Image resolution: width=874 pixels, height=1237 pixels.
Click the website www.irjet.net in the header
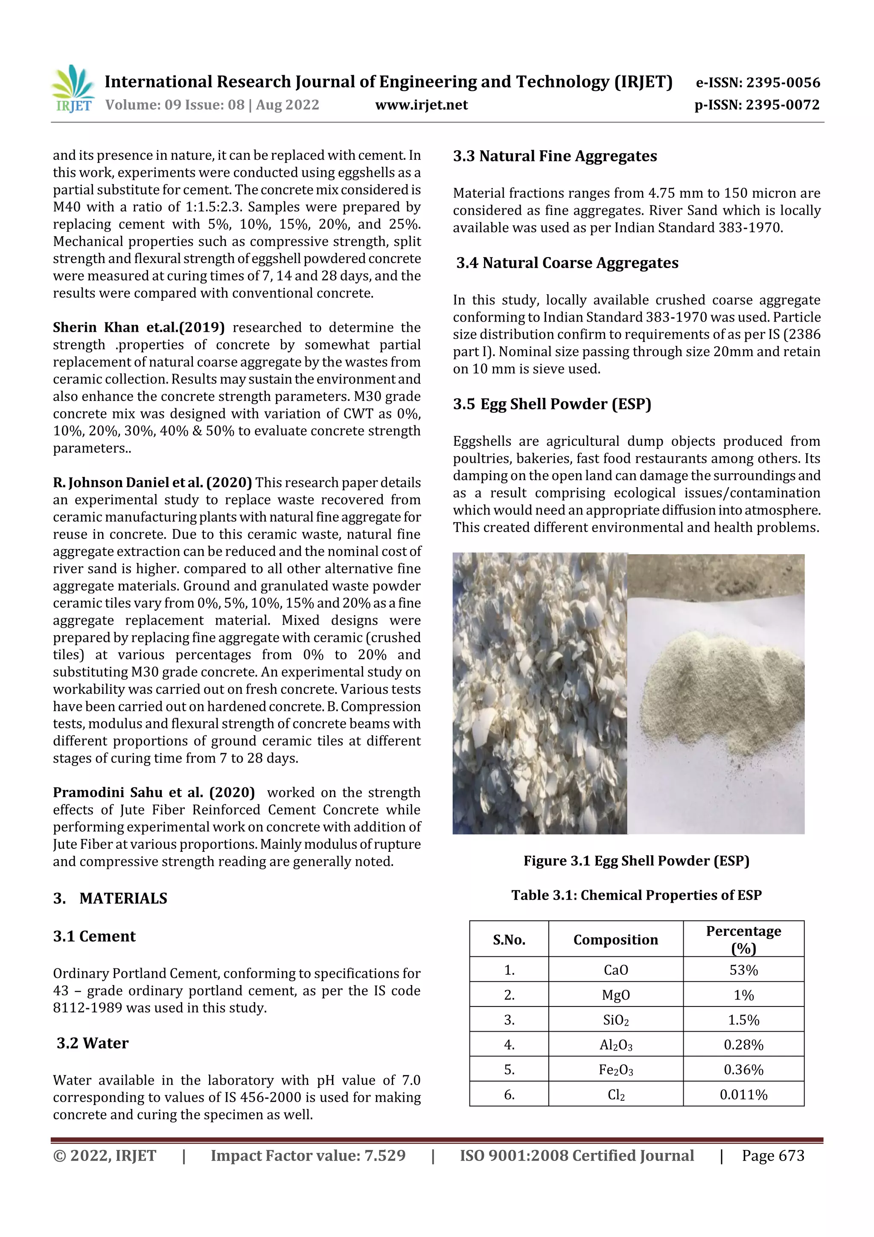(421, 105)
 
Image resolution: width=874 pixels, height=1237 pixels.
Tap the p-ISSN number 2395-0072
(782, 105)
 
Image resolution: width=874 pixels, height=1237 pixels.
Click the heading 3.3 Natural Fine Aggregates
(555, 156)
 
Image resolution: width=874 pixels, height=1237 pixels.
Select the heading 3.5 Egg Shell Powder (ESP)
(552, 404)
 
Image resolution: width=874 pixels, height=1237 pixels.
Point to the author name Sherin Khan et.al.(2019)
(138, 328)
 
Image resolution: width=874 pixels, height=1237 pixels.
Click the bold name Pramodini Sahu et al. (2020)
(154, 792)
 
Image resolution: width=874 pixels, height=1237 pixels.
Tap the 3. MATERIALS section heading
(111, 898)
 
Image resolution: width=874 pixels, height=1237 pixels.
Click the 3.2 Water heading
(93, 1043)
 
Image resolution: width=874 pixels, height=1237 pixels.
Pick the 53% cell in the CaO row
(743, 970)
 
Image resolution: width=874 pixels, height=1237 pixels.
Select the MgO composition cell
(615, 995)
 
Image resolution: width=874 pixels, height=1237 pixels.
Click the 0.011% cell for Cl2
(743, 1095)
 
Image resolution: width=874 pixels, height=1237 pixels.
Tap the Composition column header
(615, 940)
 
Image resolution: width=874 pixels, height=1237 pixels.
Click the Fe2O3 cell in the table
(615, 1070)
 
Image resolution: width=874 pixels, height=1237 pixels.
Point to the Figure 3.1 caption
(636, 861)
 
